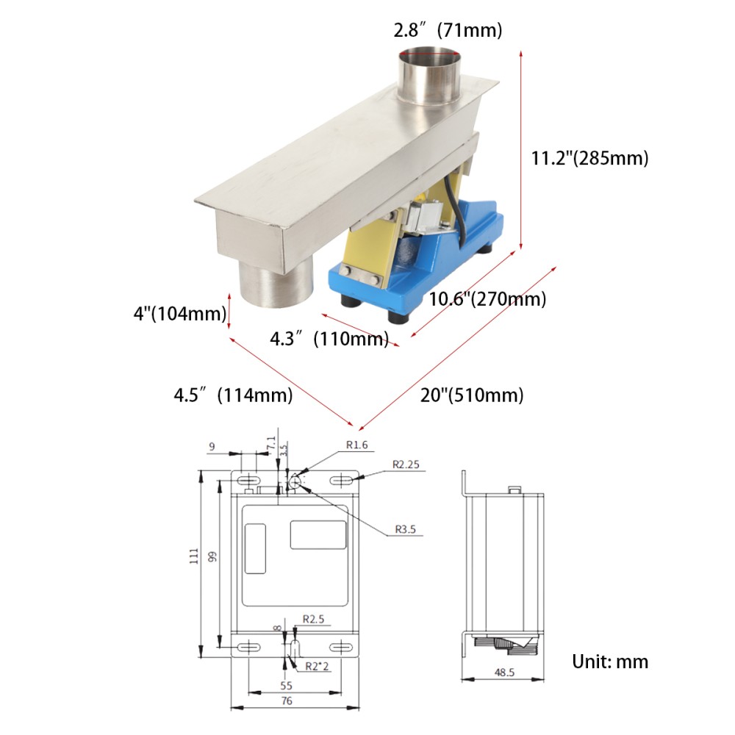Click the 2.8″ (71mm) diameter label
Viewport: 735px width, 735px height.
[448, 30]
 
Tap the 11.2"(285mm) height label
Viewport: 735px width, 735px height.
[589, 158]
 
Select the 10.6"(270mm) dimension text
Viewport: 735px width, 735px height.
[487, 300]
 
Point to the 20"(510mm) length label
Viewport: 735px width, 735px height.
[472, 395]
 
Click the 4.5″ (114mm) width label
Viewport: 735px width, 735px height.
[233, 395]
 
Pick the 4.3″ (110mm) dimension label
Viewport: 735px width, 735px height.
[329, 339]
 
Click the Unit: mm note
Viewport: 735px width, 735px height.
[610, 661]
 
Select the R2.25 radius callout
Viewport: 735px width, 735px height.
[406, 464]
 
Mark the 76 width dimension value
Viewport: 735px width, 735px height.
[287, 700]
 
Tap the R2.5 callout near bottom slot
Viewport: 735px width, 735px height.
[314, 620]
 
